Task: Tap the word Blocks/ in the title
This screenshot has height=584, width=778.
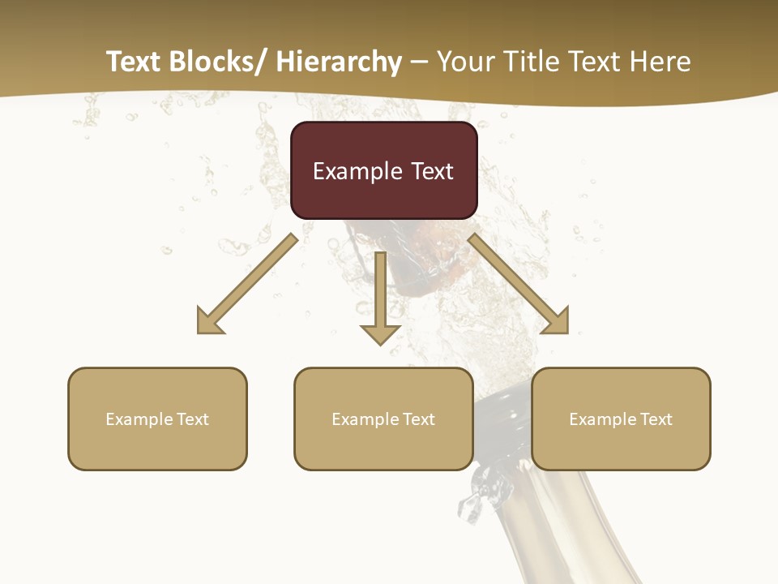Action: coord(220,62)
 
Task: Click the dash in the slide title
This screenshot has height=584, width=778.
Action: coord(419,63)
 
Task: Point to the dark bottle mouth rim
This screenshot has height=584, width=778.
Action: coord(502,397)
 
